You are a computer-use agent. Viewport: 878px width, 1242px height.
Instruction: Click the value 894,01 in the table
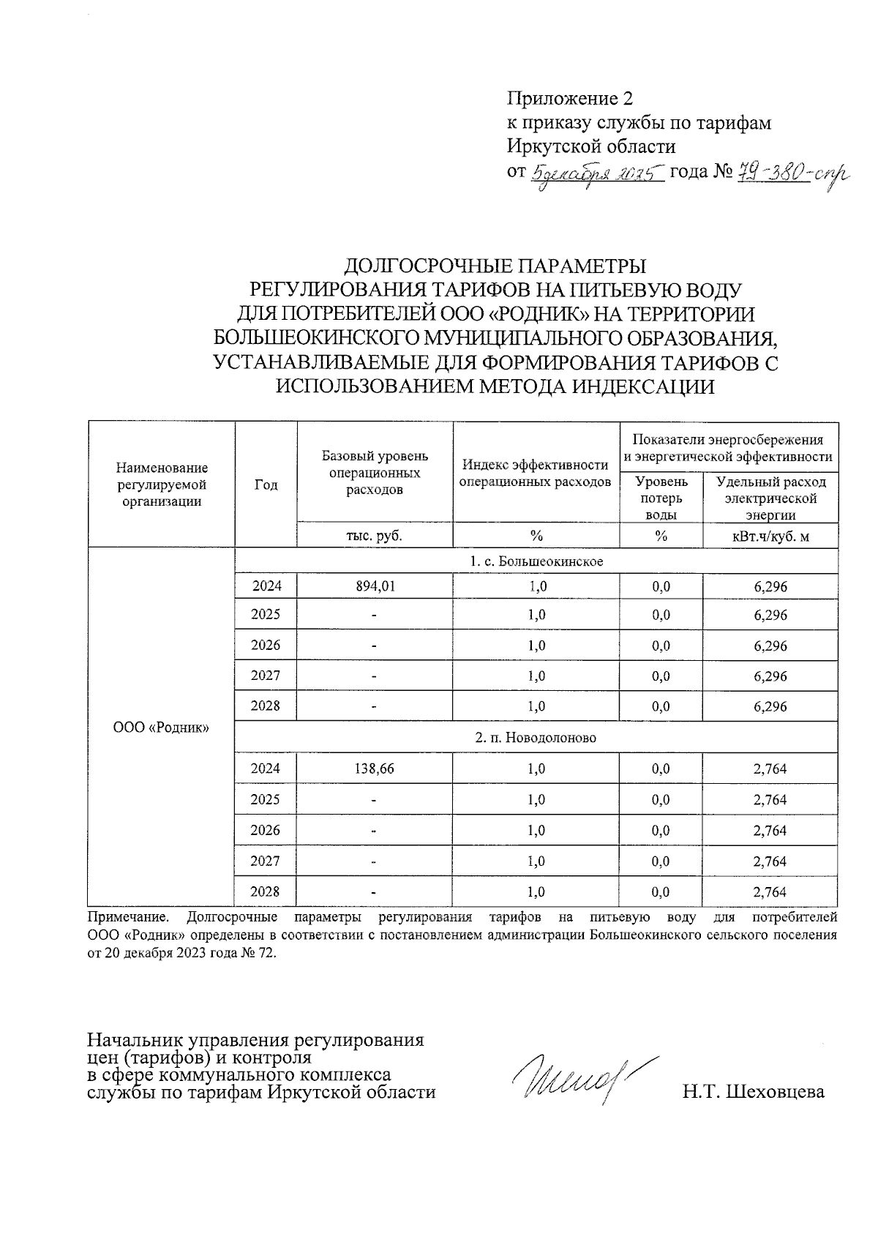(x=375, y=586)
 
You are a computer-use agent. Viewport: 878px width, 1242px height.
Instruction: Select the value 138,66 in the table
(x=375, y=768)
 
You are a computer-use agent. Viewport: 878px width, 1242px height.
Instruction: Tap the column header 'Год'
(x=266, y=485)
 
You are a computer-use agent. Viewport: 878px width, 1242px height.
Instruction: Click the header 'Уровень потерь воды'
(x=661, y=498)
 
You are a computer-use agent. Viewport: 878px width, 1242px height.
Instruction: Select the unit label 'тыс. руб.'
(x=375, y=536)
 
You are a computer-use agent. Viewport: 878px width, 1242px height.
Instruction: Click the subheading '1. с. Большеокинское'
(x=536, y=561)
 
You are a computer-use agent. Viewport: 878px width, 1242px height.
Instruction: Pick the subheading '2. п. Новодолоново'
(x=536, y=738)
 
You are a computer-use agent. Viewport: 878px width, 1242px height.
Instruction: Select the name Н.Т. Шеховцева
(x=753, y=1092)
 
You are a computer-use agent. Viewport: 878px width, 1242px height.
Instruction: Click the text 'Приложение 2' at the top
(x=569, y=99)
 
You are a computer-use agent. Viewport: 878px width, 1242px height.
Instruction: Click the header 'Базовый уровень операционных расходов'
(x=375, y=473)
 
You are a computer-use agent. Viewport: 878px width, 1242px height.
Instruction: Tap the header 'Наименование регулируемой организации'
(x=162, y=485)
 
